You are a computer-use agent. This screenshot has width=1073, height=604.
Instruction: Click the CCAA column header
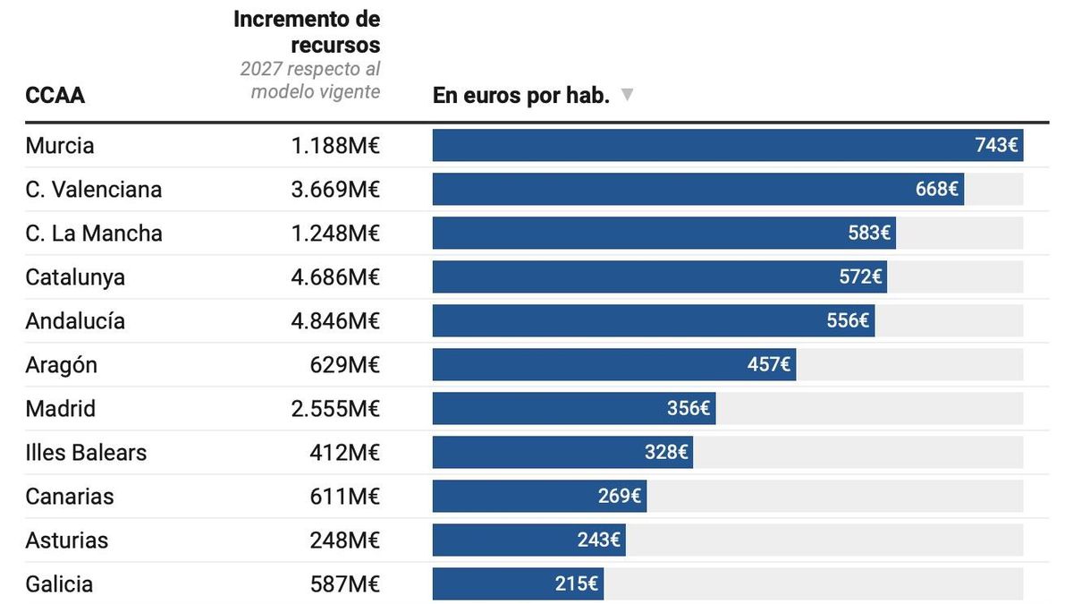pos(55,96)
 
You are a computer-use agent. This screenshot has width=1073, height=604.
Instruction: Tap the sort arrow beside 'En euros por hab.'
pos(627,95)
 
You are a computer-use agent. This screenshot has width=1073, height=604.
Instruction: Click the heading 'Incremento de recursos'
pos(307,32)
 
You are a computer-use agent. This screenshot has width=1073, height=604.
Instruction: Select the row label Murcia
pos(60,146)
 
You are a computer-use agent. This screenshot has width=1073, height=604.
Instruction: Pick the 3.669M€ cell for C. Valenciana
pos(335,190)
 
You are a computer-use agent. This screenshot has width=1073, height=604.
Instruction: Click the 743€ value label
pos(996,145)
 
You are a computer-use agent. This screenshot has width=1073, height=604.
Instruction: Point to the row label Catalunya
pos(75,277)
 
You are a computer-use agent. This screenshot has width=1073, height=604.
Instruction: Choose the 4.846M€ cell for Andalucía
pos(335,321)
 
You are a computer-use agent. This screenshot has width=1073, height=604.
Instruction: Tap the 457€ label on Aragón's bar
pos(769,365)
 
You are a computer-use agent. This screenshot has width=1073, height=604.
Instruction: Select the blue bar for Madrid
pos(573,409)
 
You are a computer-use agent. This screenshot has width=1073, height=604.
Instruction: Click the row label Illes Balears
pos(86,453)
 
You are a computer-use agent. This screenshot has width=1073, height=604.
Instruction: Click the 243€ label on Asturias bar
pos(598,540)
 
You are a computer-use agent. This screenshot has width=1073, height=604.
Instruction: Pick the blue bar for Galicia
pos(518,584)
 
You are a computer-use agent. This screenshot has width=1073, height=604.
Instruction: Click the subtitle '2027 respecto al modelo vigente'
pos(310,81)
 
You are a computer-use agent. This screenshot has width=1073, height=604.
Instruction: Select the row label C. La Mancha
pos(94,234)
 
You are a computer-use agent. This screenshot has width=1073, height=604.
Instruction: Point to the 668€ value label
pos(936,190)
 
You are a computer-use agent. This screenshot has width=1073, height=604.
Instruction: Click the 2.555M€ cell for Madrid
pos(335,409)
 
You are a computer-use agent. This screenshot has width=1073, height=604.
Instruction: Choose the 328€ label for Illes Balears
pos(666,453)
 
